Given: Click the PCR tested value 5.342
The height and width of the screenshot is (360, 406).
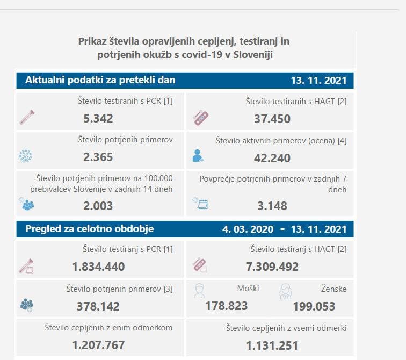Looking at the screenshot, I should tap(98, 118).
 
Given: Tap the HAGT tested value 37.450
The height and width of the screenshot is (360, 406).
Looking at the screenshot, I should tap(272, 118).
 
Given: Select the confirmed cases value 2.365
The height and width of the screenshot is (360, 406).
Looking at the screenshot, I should tap(98, 157).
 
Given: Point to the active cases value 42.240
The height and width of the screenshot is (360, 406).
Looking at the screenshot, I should tap(272, 157).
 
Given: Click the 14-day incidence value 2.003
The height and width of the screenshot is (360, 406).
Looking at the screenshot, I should tap(98, 205).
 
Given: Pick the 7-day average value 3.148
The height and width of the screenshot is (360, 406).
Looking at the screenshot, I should tap(272, 205).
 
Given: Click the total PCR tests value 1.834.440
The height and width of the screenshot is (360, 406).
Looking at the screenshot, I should tap(98, 267).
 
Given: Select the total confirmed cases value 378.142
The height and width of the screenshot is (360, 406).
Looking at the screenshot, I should tap(98, 306).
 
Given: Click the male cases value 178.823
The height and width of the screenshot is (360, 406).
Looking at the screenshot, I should tap(227, 306).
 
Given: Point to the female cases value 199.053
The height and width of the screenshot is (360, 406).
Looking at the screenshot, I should tap(314, 306).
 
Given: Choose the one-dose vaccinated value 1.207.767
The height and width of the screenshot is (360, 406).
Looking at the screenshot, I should tap(98, 345).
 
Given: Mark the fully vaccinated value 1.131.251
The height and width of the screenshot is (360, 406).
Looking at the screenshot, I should tap(272, 345).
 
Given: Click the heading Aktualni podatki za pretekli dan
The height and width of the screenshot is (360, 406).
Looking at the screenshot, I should tap(100, 81).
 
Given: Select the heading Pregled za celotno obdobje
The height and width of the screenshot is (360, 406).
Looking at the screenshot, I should tap(90, 229).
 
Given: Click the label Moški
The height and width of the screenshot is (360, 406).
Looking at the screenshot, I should tap(248, 289).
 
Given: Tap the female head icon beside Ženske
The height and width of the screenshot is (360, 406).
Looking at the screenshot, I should tap(285, 291).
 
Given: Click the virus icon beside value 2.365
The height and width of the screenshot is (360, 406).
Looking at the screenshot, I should tap(25, 156).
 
